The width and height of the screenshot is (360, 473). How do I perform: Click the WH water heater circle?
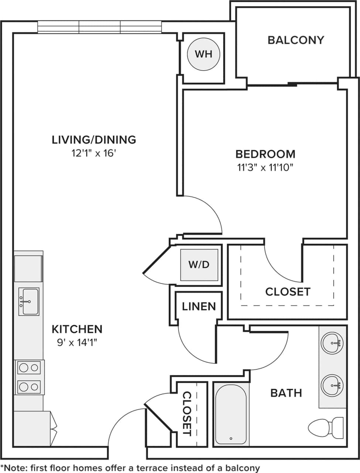click(x=203, y=54)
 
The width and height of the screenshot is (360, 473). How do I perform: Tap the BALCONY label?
click(x=296, y=40)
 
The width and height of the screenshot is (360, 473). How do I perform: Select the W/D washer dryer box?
click(x=199, y=265)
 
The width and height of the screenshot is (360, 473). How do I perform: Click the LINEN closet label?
click(x=199, y=306)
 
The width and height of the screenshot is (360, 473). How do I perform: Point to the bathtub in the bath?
click(x=231, y=414)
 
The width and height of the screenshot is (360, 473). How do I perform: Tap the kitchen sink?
click(x=29, y=302)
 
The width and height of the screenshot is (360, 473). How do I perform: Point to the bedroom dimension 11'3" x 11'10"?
click(x=265, y=168)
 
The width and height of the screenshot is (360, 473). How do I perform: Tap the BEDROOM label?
click(x=265, y=154)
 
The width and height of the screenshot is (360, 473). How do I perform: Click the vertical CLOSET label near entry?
click(x=187, y=414)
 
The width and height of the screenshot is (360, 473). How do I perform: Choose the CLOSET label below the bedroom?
click(x=288, y=292)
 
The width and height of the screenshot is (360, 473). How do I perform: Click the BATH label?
click(x=286, y=393)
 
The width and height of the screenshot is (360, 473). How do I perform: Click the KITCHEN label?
click(x=77, y=329)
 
